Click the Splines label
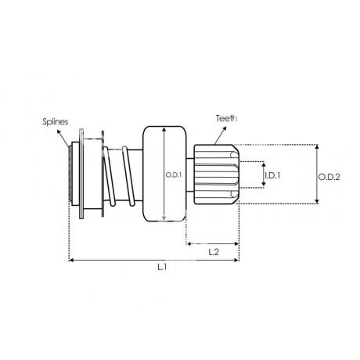pyautogui.click(x=56, y=122)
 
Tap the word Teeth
pyautogui.click(x=226, y=118)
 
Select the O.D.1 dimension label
pyautogui.click(x=174, y=175)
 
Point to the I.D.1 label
pyautogui.click(x=272, y=175)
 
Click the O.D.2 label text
pyautogui.click(x=329, y=177)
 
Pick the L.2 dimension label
pyautogui.click(x=214, y=252)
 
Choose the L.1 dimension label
pyautogui.click(x=162, y=267)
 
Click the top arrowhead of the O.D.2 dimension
pyautogui.click(x=317, y=147)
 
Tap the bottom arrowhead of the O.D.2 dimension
pyautogui.click(x=317, y=201)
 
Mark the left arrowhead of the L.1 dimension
pyautogui.click(x=71, y=260)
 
